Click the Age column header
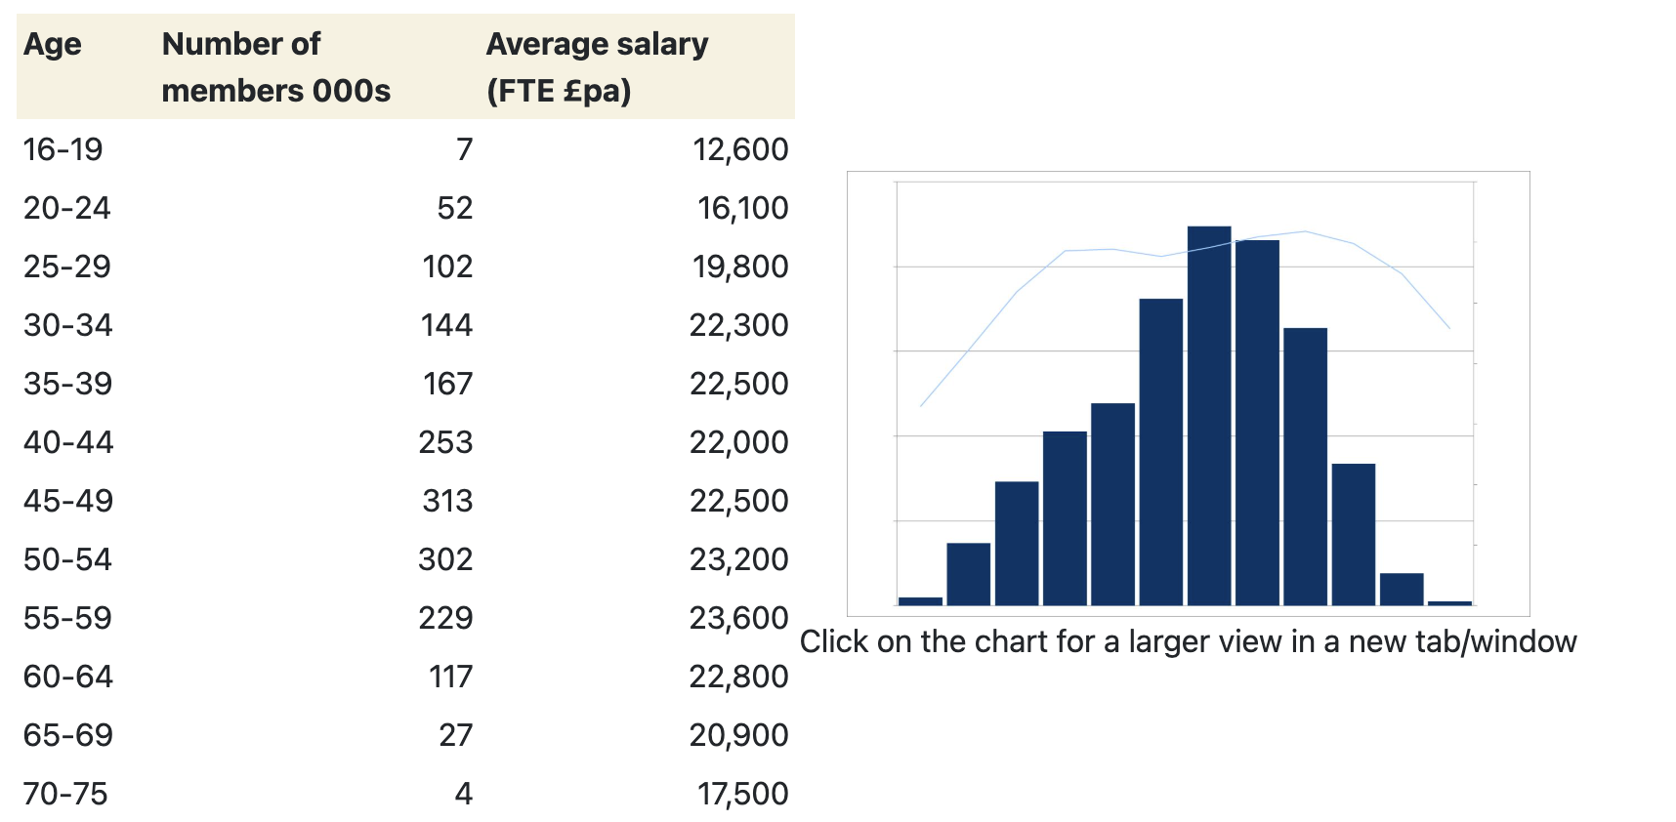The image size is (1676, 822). pos(53,44)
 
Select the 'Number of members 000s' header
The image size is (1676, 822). pos(275,67)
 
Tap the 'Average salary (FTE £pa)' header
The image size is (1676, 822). pos(597,67)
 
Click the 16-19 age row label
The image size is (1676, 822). pos(63,149)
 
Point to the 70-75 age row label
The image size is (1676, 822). pos(65,794)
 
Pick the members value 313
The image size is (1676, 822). pos(447,501)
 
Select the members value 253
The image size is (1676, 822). pos(445,442)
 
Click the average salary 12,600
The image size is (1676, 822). pos(739,149)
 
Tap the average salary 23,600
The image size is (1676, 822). pos(738,618)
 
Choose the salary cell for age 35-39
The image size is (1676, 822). pos(738,384)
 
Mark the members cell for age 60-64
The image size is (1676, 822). pos(450,677)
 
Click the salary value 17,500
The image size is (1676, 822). pos(742,794)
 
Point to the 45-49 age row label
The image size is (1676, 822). pos(68,501)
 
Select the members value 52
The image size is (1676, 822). pos(454,208)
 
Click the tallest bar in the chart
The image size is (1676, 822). pos(1209,415)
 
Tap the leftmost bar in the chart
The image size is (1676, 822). pos(920,600)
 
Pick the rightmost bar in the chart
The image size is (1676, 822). pos(1449,602)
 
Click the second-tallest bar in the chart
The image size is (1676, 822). pos(1257,422)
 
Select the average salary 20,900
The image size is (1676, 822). pos(738,735)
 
